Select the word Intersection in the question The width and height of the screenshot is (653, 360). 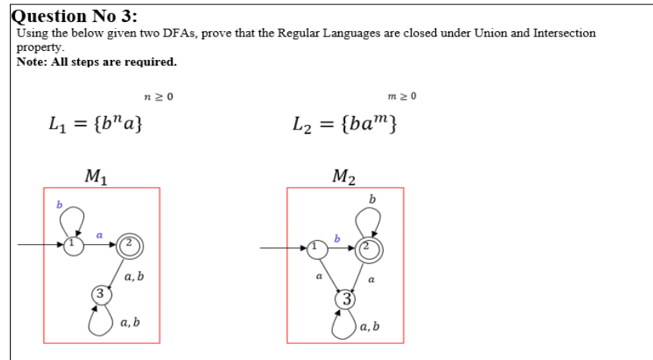pyautogui.click(x=564, y=33)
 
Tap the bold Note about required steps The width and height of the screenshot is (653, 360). pyautogui.click(x=96, y=61)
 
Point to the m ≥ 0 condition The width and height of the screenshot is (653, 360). pyautogui.click(x=402, y=96)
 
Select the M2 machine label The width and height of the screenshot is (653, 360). pyautogui.click(x=344, y=177)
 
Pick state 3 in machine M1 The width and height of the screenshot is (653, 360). pyautogui.click(x=99, y=293)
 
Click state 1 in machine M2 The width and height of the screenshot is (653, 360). pyautogui.click(x=315, y=247)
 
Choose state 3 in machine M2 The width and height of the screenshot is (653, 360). pyautogui.click(x=346, y=297)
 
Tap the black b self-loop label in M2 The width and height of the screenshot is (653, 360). pyautogui.click(x=372, y=199)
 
